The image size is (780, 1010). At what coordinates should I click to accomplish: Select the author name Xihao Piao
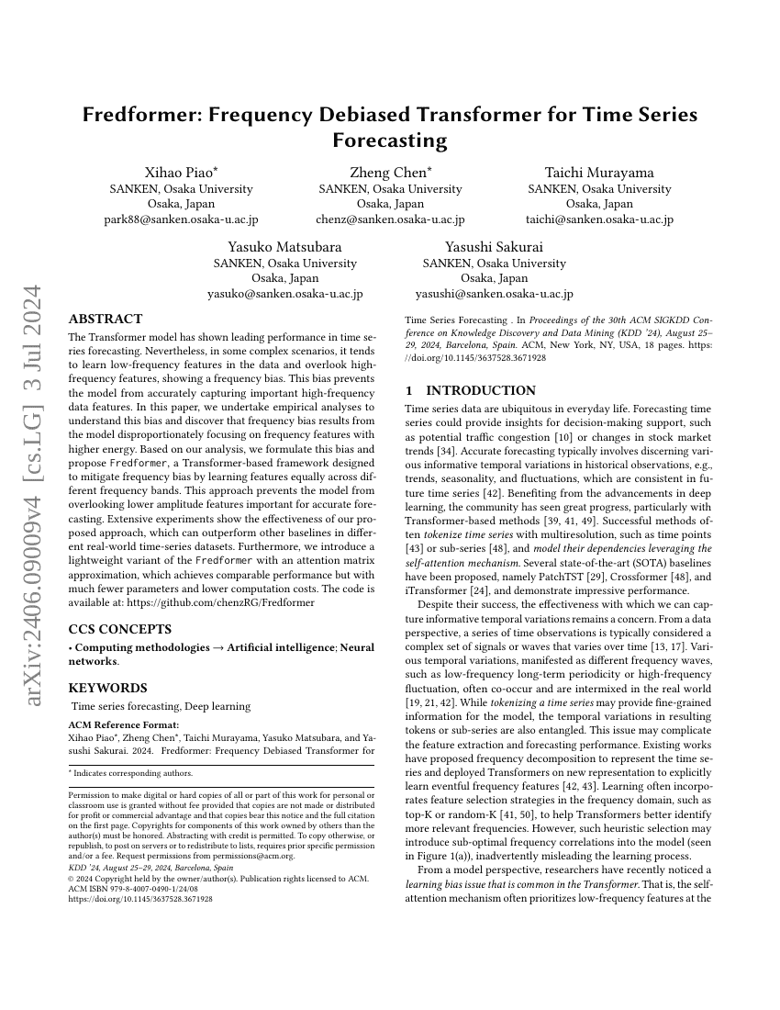(x=179, y=173)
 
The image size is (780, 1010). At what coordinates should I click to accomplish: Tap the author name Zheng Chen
(x=388, y=173)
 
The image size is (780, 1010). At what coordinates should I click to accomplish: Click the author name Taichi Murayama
(x=598, y=173)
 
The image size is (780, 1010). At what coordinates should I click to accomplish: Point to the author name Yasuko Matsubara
(x=284, y=247)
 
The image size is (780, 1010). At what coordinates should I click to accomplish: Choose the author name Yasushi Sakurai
(x=494, y=247)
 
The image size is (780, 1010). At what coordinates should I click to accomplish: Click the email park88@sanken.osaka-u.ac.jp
(x=181, y=219)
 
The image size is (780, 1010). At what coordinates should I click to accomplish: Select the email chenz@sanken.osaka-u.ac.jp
(x=390, y=219)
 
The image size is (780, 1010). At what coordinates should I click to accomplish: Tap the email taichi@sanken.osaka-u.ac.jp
(x=599, y=219)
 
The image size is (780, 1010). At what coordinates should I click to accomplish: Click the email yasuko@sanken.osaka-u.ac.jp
(x=284, y=294)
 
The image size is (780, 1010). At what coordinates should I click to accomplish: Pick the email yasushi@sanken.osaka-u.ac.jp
(x=494, y=294)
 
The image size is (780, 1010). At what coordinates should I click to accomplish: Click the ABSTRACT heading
(x=106, y=320)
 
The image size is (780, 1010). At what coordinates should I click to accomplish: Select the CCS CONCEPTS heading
(x=120, y=630)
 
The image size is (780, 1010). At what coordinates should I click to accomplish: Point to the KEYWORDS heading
(x=107, y=688)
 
